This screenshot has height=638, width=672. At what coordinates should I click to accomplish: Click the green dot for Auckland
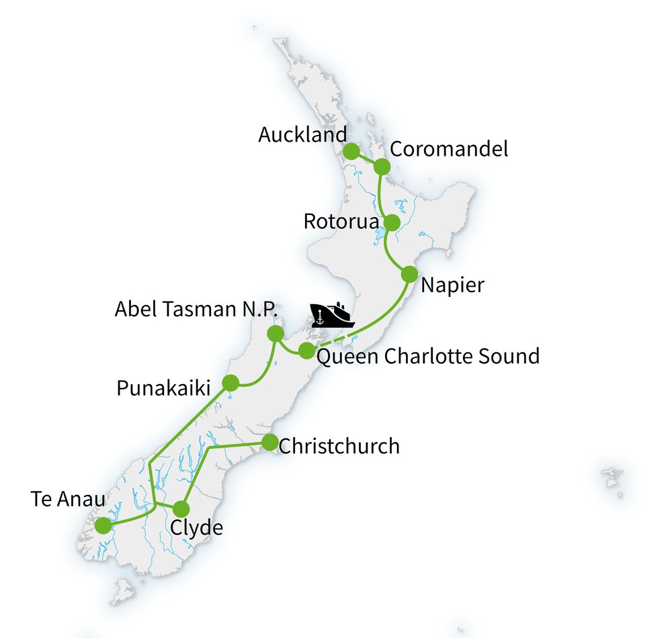351,151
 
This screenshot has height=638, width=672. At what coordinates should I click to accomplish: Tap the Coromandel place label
449,148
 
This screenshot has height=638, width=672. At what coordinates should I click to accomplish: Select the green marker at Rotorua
391,222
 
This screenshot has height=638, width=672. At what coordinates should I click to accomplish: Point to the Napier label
452,285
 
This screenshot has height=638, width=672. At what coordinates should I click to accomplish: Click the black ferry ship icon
332,314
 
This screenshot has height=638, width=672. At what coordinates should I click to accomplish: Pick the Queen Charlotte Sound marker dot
306,350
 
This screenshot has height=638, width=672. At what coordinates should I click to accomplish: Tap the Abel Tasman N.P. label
196,309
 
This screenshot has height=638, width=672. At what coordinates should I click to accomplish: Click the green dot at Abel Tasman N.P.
275,333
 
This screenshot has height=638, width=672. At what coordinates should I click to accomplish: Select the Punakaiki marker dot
230,383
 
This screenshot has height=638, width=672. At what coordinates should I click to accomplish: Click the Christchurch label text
339,446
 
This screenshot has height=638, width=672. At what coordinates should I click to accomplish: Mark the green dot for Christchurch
269,442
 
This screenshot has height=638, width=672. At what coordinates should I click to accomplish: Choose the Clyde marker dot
181,508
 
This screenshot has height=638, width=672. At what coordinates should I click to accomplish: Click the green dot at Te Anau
103,525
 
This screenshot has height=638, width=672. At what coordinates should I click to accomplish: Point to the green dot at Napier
409,274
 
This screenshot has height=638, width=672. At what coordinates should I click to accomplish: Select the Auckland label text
302,134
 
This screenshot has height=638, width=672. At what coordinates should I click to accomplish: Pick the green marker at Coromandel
382,167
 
